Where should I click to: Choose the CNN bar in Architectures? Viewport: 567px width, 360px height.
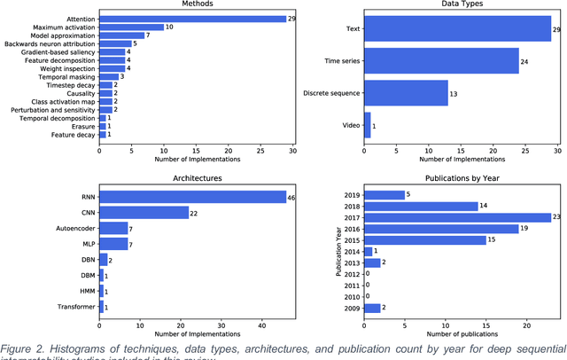(x=147, y=213)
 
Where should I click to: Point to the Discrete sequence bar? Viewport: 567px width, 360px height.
(x=406, y=93)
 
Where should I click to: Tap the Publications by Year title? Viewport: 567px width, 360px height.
(x=462, y=177)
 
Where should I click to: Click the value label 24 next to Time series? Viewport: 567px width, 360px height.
(x=524, y=60)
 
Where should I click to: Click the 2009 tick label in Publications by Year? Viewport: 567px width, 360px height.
(x=351, y=308)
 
